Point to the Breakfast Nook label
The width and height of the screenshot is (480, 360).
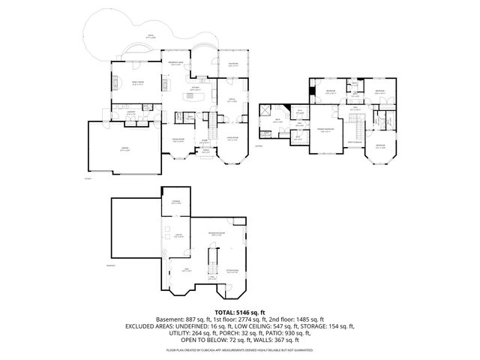[x=177, y=63]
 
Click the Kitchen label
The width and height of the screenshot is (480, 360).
[x=194, y=88]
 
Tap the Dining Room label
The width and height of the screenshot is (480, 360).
[x=179, y=139]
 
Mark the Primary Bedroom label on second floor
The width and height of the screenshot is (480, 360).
[x=325, y=130]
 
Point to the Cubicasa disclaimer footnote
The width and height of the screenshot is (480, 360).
[x=239, y=350]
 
